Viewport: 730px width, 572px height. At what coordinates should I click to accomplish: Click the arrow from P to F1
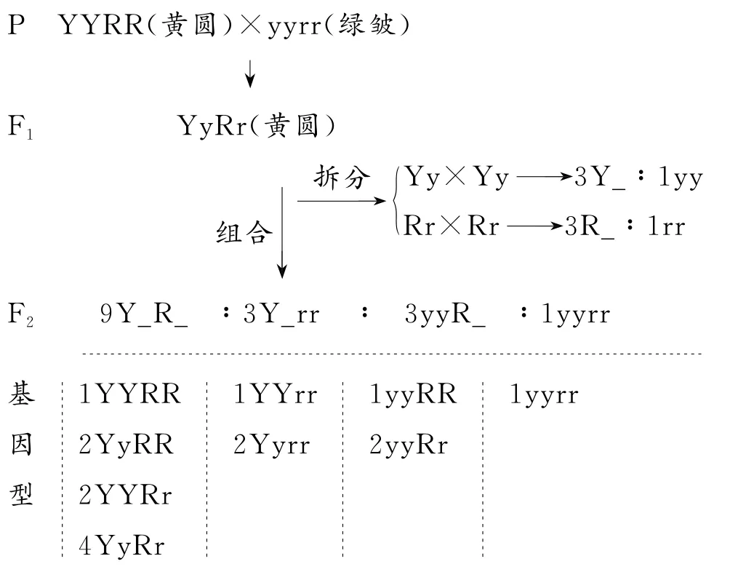point(250,73)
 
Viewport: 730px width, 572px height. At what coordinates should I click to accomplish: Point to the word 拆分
point(342,178)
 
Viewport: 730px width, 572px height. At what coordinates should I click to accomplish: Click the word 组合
point(245,233)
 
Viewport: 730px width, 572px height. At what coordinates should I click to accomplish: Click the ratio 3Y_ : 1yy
point(639,178)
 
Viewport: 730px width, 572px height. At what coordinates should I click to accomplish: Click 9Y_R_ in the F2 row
point(144,315)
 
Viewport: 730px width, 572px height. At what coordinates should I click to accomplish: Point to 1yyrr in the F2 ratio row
point(574,315)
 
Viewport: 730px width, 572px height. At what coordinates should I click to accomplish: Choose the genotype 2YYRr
point(126,494)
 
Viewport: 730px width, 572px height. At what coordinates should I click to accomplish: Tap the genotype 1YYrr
point(276,395)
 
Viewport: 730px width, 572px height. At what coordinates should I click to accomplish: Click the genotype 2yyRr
point(409,445)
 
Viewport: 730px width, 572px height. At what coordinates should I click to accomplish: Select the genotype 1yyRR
point(413,395)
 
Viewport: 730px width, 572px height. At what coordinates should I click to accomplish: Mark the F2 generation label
point(21,315)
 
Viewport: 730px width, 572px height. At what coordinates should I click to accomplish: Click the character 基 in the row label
point(21,395)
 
